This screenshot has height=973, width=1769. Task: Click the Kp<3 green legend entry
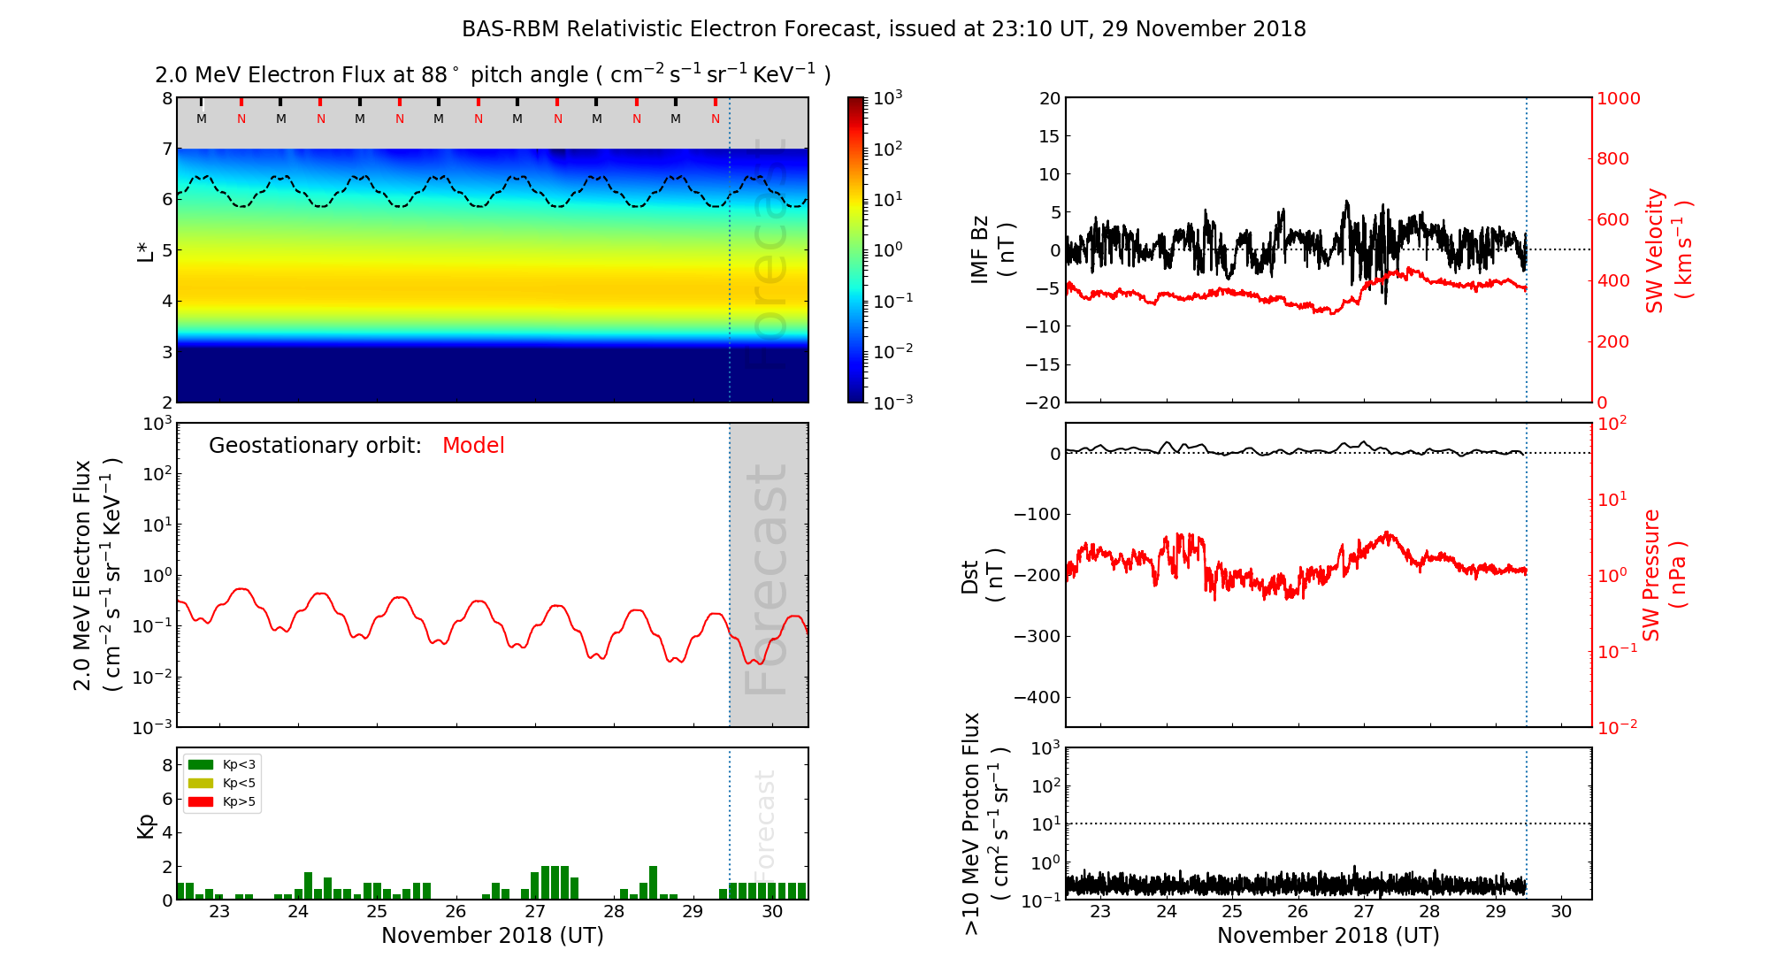click(x=222, y=764)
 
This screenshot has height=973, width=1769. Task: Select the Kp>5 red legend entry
click(x=222, y=802)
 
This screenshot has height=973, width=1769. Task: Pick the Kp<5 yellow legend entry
click(x=222, y=783)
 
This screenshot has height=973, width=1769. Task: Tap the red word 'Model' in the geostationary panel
click(x=473, y=446)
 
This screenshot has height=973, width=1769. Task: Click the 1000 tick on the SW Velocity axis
click(x=1618, y=98)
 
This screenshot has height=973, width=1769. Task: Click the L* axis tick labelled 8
click(x=166, y=98)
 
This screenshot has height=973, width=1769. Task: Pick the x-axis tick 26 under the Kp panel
click(x=456, y=912)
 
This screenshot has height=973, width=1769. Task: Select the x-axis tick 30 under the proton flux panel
click(x=1561, y=912)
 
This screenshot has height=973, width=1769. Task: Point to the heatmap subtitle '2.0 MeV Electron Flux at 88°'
click(x=306, y=75)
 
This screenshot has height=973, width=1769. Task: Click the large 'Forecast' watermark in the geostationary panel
click(x=766, y=579)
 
